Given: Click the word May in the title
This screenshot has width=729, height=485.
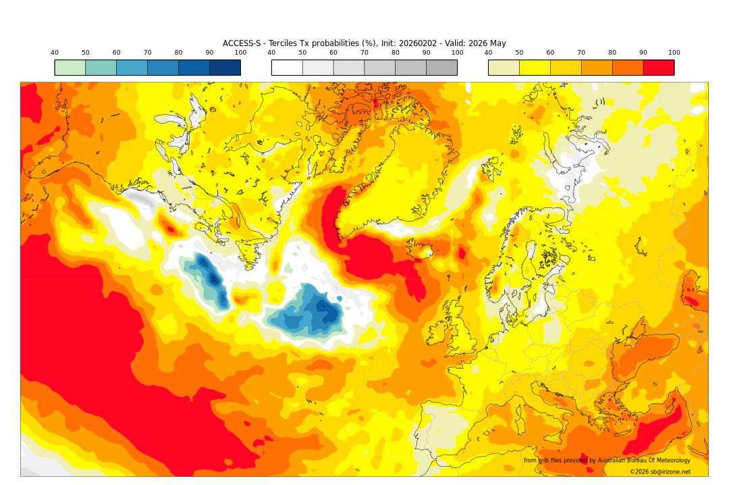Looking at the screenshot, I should tap(497, 43).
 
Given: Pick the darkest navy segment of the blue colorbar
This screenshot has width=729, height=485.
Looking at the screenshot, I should tap(225, 68).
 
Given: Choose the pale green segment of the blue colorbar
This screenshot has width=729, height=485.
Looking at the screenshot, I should tap(70, 68).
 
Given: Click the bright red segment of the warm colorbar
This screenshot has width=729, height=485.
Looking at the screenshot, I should tap(658, 68).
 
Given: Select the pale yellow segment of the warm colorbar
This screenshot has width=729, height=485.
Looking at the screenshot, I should tap(504, 68).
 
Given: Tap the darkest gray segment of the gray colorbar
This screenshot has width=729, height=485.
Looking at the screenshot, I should tap(441, 68).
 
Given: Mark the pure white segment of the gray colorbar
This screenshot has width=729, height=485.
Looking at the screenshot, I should tap(287, 68).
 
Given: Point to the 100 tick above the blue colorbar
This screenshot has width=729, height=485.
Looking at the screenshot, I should tap(240, 53).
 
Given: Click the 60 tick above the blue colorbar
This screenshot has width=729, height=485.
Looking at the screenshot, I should tap(117, 53).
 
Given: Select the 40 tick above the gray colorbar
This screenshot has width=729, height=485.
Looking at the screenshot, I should tap(271, 53).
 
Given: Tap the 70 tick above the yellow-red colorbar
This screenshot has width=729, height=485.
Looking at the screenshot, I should tap(581, 53).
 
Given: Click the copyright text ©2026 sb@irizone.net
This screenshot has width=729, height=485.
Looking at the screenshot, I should tap(660, 471).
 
